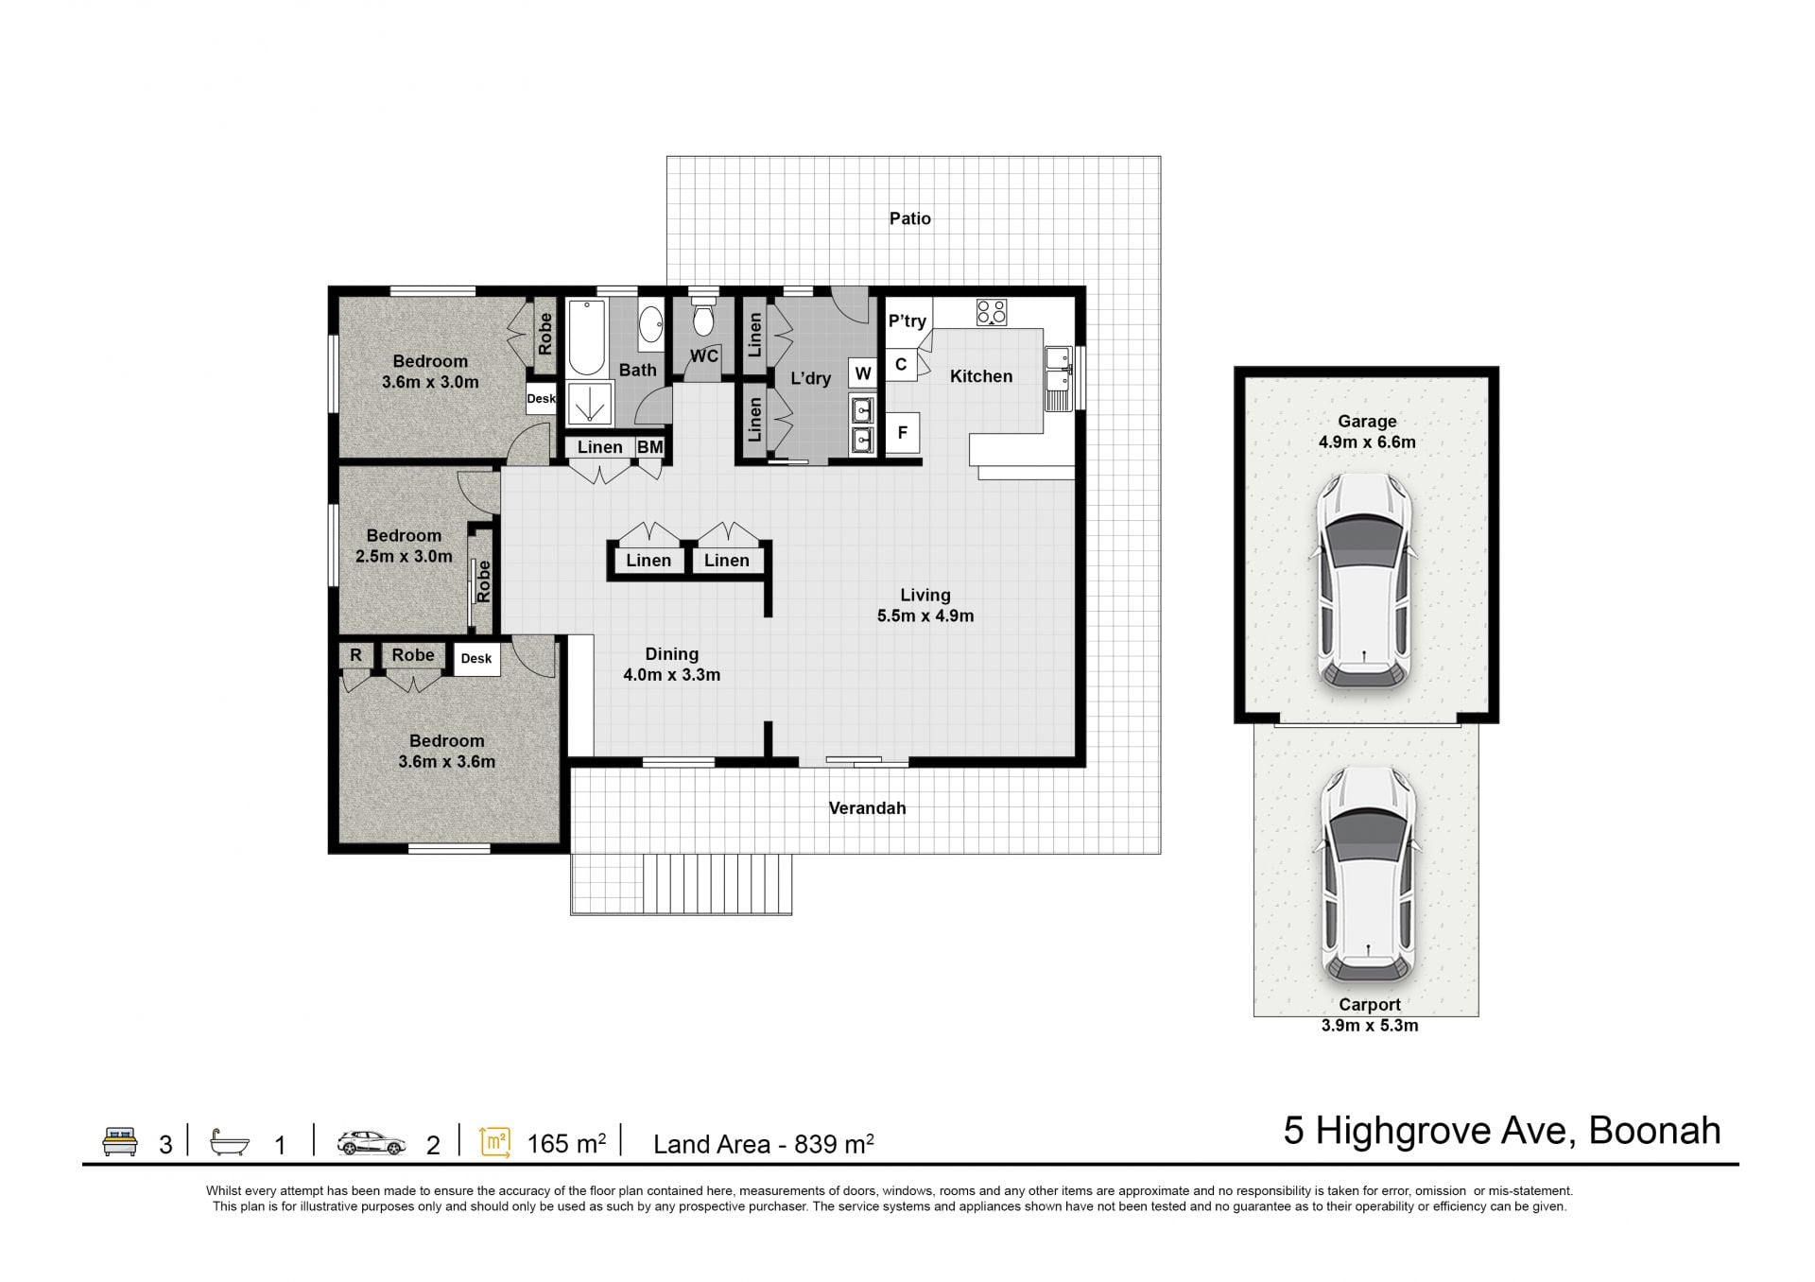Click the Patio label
point(909,218)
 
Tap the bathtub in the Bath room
point(587,338)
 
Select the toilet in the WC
point(702,318)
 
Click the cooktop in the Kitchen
point(992,312)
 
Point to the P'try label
point(907,321)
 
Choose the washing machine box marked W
point(863,373)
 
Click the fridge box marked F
point(903,433)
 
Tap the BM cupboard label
point(649,447)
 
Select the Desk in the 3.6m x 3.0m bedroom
point(542,398)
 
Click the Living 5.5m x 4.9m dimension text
point(925,616)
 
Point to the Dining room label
point(672,654)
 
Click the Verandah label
point(867,808)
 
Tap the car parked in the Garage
point(1366,580)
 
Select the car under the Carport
point(1368,874)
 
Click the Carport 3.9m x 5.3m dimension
point(1370,1026)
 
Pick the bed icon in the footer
point(120,1141)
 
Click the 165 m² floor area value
point(566,1144)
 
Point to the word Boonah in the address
point(1654,1131)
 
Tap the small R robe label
point(356,655)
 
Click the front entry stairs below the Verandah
point(717,884)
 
